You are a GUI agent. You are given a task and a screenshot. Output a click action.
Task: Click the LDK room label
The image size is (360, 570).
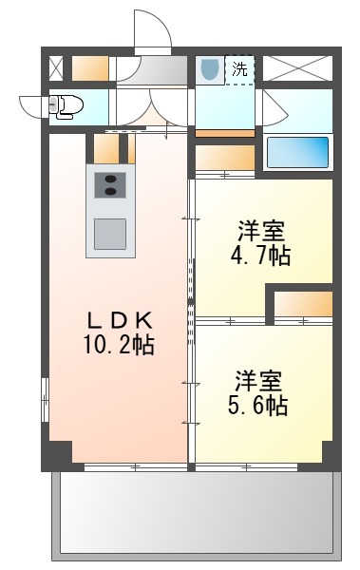point(119,320)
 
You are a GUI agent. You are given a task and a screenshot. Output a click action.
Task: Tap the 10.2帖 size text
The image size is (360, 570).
point(119,344)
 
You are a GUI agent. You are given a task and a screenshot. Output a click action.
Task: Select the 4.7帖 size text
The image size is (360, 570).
point(260,256)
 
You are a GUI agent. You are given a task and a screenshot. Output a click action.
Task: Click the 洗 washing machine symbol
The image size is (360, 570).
point(239,69)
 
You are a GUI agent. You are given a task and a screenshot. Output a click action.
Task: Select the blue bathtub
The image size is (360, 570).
point(298,152)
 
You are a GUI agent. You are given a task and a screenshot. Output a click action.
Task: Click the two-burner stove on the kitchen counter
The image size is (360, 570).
point(110,185)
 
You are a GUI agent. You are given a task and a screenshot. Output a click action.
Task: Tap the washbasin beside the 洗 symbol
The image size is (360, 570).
point(210,69)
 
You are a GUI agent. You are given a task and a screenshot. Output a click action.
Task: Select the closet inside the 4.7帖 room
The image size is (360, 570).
point(303,304)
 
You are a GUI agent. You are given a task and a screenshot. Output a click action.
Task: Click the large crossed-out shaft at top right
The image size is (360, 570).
point(297,68)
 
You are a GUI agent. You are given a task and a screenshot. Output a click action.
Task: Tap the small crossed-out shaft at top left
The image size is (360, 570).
point(56,68)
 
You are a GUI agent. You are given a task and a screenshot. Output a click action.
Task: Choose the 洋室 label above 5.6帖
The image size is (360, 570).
point(258,381)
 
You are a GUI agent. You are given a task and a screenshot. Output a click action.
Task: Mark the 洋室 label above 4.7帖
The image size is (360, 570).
point(260,231)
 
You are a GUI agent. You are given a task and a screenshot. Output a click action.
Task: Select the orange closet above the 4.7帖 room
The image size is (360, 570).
point(225,158)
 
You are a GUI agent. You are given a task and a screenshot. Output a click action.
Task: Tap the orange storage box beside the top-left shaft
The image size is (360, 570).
point(90,68)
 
